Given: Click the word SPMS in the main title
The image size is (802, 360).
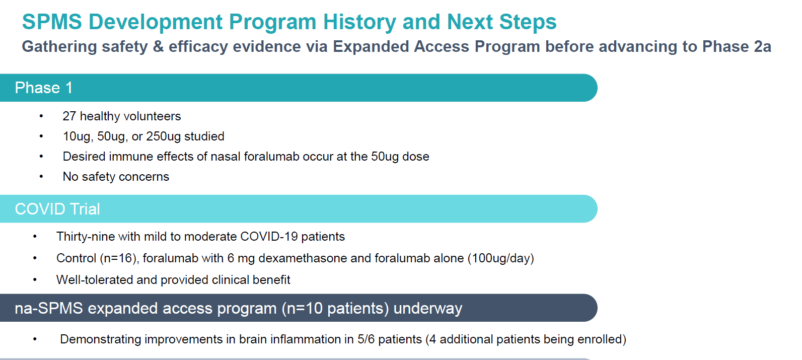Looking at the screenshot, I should click(52, 22).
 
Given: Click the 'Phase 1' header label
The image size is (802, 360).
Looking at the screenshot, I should click(44, 88).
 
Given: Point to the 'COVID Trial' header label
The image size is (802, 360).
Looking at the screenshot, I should click(57, 209).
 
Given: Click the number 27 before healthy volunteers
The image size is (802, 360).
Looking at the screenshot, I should click(69, 116).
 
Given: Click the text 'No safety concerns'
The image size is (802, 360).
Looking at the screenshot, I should click(116, 177).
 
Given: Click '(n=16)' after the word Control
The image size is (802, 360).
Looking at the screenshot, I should click(119, 258).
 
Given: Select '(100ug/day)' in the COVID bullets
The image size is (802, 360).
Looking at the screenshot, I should click(500, 258).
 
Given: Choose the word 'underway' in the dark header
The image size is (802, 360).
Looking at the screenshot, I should click(427, 308).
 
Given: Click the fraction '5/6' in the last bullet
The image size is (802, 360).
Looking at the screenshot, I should click(366, 339).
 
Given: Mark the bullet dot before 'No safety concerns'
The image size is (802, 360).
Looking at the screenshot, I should click(41, 177).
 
